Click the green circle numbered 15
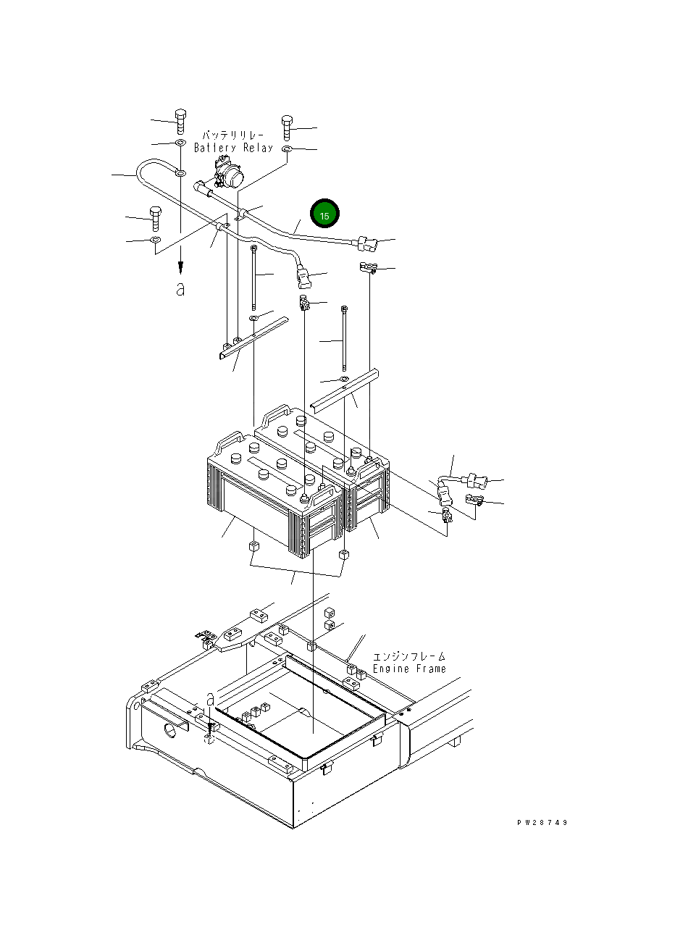pyautogui.click(x=324, y=216)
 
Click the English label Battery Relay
pyautogui.click(x=233, y=148)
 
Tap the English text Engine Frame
pyautogui.click(x=408, y=669)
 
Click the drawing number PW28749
pyautogui.click(x=542, y=823)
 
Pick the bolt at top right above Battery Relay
pyautogui.click(x=287, y=127)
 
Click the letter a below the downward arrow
pyautogui.click(x=180, y=289)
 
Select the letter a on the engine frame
pyautogui.click(x=210, y=698)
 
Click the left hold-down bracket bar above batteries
pyautogui.click(x=249, y=338)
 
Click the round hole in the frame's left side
pyautogui.click(x=172, y=727)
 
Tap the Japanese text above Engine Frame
pyautogui.click(x=409, y=656)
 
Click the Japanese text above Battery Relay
pyautogui.click(x=232, y=135)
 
